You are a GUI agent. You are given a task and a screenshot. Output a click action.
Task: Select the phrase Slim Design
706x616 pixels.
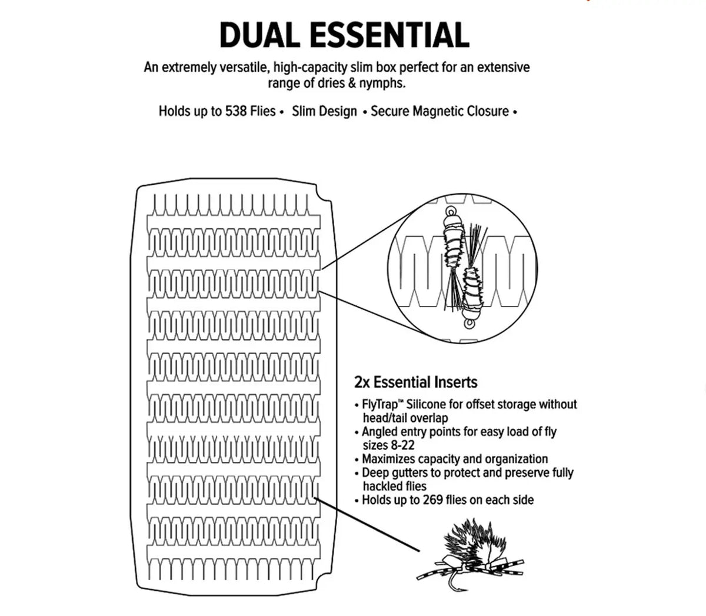coord(324,111)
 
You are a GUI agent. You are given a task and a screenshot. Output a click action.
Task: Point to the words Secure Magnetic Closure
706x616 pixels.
coord(439,111)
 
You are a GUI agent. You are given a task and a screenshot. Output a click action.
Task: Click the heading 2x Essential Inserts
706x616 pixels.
coord(415,382)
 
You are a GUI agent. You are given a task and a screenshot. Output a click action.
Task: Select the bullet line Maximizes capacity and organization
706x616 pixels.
coord(455,459)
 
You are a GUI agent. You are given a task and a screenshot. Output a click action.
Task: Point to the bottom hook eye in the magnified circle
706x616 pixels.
coord(469,324)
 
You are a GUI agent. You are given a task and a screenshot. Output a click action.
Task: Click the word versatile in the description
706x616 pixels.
coord(241,68)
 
